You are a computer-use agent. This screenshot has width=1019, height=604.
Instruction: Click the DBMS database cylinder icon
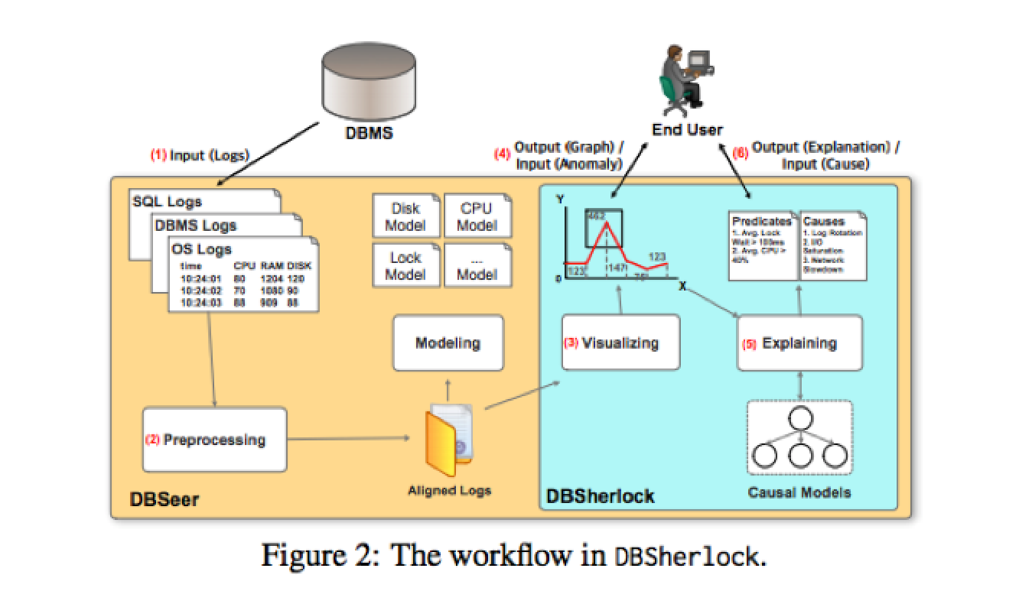pos(370,80)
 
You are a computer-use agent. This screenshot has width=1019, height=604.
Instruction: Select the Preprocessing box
pos(214,440)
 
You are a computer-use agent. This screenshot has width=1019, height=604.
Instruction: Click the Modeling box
pos(448,343)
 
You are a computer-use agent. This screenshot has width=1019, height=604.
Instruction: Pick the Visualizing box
pos(620,343)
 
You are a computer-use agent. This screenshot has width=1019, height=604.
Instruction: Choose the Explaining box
pos(799,343)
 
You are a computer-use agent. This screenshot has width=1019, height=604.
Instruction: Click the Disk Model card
pos(405,216)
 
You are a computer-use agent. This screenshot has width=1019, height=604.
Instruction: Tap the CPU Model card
pos(477,216)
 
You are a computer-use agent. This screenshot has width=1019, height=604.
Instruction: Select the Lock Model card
pos(405,265)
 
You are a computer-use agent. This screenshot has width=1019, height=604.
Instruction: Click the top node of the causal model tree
pos(799,419)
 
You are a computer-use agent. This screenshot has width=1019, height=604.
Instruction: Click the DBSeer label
pos(164,499)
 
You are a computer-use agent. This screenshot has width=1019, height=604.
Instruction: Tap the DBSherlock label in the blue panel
pos(601,496)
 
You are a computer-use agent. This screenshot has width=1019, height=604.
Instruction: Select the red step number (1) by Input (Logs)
pos(158,155)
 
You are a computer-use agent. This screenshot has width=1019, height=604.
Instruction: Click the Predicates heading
pos(760,222)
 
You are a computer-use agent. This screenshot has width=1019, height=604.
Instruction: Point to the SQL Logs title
pos(168,202)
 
